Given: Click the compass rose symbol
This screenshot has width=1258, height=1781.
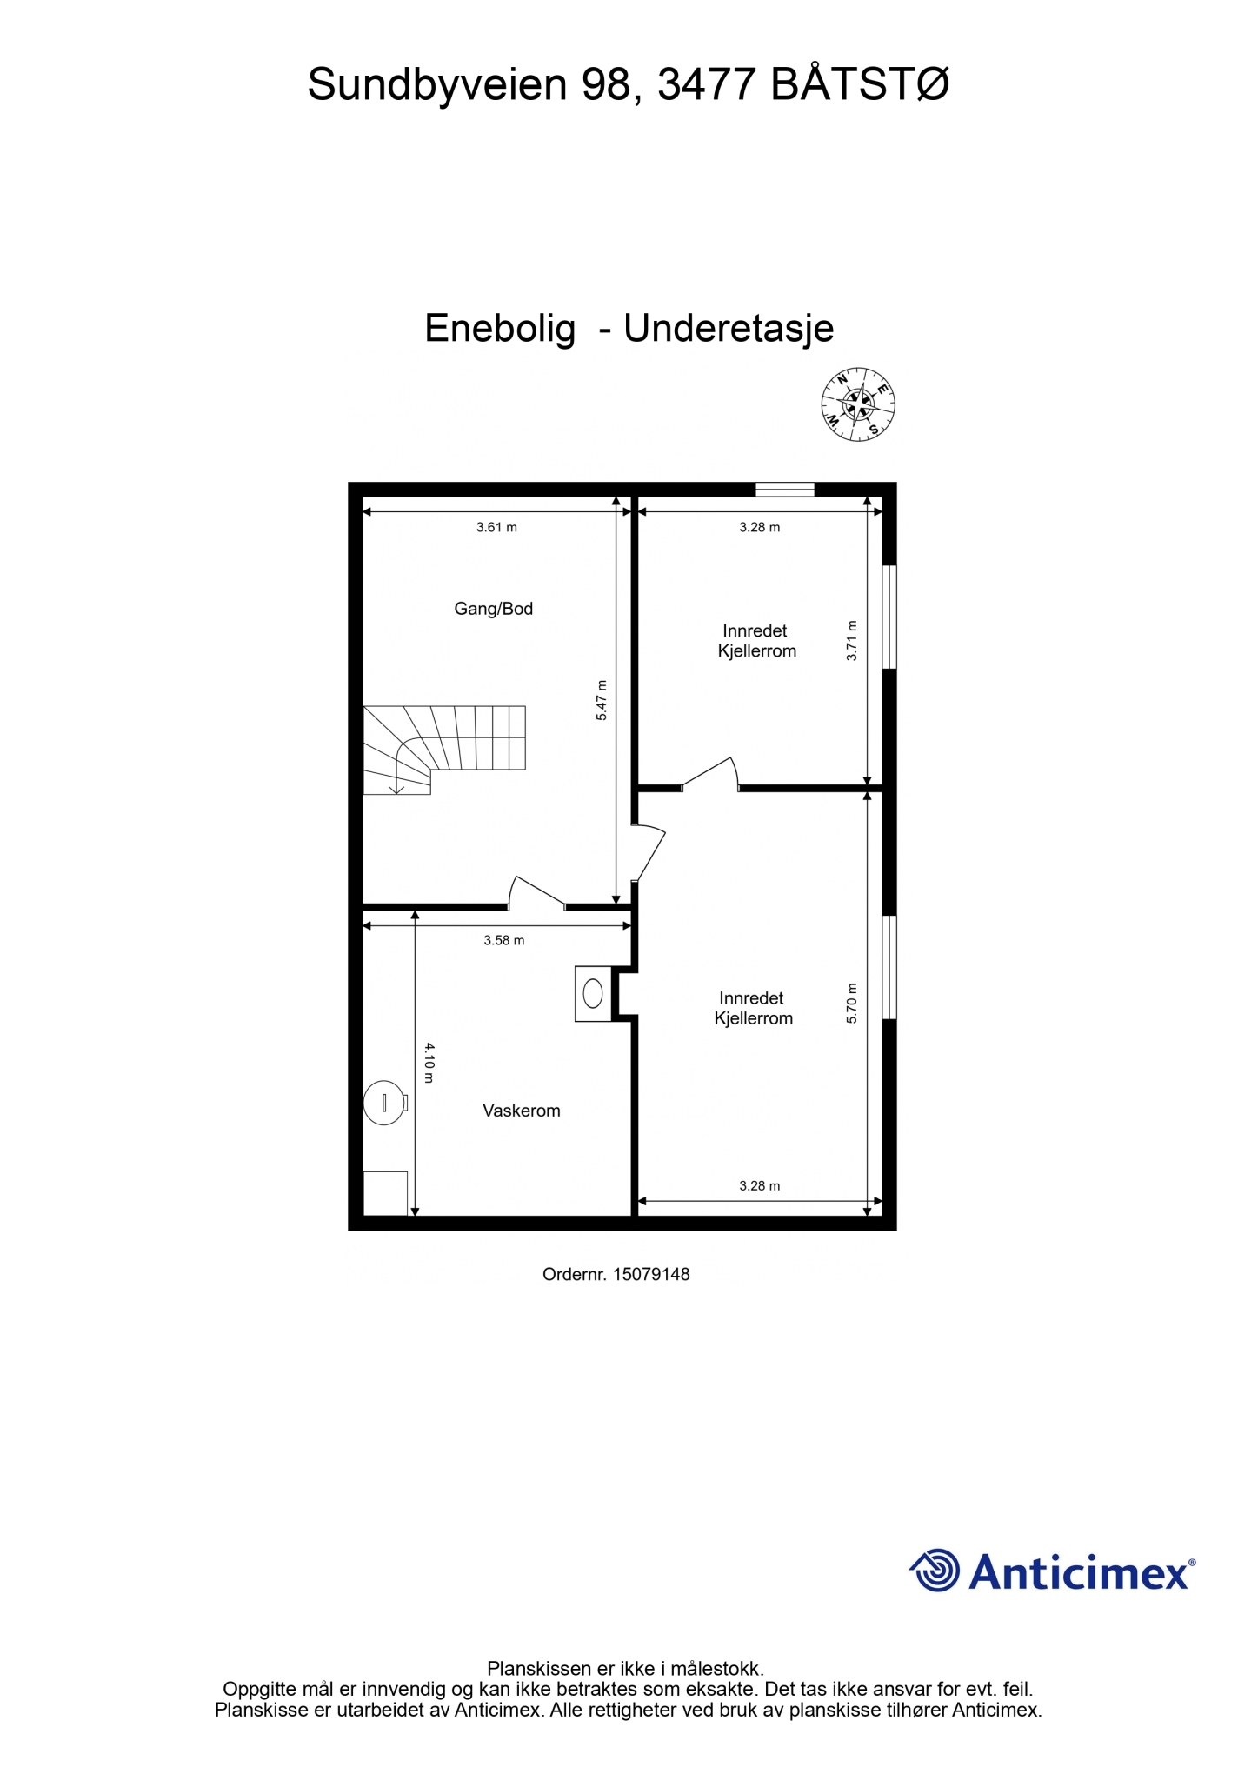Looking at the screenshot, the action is coord(858,404).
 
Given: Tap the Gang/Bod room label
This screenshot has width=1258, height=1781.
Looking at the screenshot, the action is coord(493,609).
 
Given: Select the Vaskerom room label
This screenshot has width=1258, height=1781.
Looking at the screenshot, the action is coord(521,1111).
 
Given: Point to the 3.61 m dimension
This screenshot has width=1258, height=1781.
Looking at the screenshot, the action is coord(496,527).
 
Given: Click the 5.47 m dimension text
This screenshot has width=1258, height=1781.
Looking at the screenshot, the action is coord(602,700).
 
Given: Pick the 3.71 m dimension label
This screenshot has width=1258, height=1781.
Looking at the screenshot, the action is coord(852,641).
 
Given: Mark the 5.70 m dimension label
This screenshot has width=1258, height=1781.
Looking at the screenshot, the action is coord(852,1003).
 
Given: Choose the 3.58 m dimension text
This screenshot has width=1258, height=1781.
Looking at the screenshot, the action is coord(504,940).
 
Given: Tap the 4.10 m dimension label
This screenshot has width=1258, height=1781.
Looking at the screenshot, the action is coord(429,1063).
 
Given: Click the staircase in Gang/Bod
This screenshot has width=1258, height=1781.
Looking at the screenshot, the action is coord(444,749).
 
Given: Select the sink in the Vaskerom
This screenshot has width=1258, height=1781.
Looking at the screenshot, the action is coord(594,993).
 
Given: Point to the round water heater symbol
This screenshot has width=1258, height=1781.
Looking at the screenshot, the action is coord(384,1103).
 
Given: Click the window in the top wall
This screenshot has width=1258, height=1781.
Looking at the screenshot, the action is coord(784,490).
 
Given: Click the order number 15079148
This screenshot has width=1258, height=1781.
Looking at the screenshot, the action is coord(651,1274).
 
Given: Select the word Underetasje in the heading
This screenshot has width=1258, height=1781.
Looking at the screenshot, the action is coord(729,328).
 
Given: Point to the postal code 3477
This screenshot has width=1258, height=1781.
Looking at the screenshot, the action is coord(707,84).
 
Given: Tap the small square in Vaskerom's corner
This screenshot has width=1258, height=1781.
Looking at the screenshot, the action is coord(385,1193).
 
